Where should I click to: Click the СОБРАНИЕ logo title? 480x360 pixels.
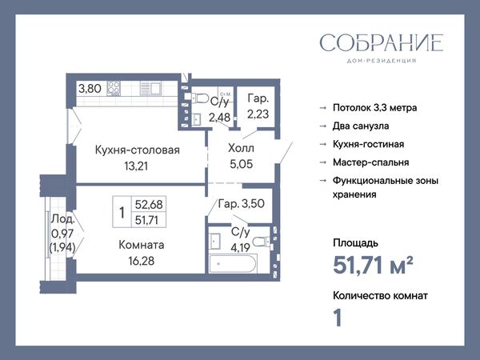pyautogui.click(x=381, y=43)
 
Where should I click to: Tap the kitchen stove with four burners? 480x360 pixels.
pyautogui.click(x=114, y=89)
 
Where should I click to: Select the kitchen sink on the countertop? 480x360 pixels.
pyautogui.click(x=150, y=89)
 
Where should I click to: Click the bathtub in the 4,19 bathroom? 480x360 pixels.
pyautogui.click(x=234, y=264)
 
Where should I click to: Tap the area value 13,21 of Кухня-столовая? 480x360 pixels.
pyautogui.click(x=136, y=166)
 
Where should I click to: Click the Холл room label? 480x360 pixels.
pyautogui.click(x=242, y=149)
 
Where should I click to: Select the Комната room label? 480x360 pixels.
pyautogui.click(x=141, y=245)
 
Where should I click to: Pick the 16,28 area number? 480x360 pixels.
pyautogui.click(x=141, y=261)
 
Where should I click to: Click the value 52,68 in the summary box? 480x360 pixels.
pyautogui.click(x=149, y=204)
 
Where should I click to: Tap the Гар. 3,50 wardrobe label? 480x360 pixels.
pyautogui.click(x=242, y=203)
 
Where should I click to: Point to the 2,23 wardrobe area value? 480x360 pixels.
pyautogui.click(x=258, y=114)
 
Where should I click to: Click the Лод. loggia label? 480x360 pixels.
pyautogui.click(x=62, y=218)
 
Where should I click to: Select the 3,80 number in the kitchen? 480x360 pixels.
pyautogui.click(x=90, y=89)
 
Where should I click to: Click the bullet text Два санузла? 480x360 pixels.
pyautogui.click(x=361, y=126)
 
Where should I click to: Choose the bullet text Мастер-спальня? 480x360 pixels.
pyautogui.click(x=370, y=162)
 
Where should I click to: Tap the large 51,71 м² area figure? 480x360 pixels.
pyautogui.click(x=373, y=265)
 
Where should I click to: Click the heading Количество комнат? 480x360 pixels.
pyautogui.click(x=380, y=296)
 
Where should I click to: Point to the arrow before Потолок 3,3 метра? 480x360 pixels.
pyautogui.click(x=323, y=108)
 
